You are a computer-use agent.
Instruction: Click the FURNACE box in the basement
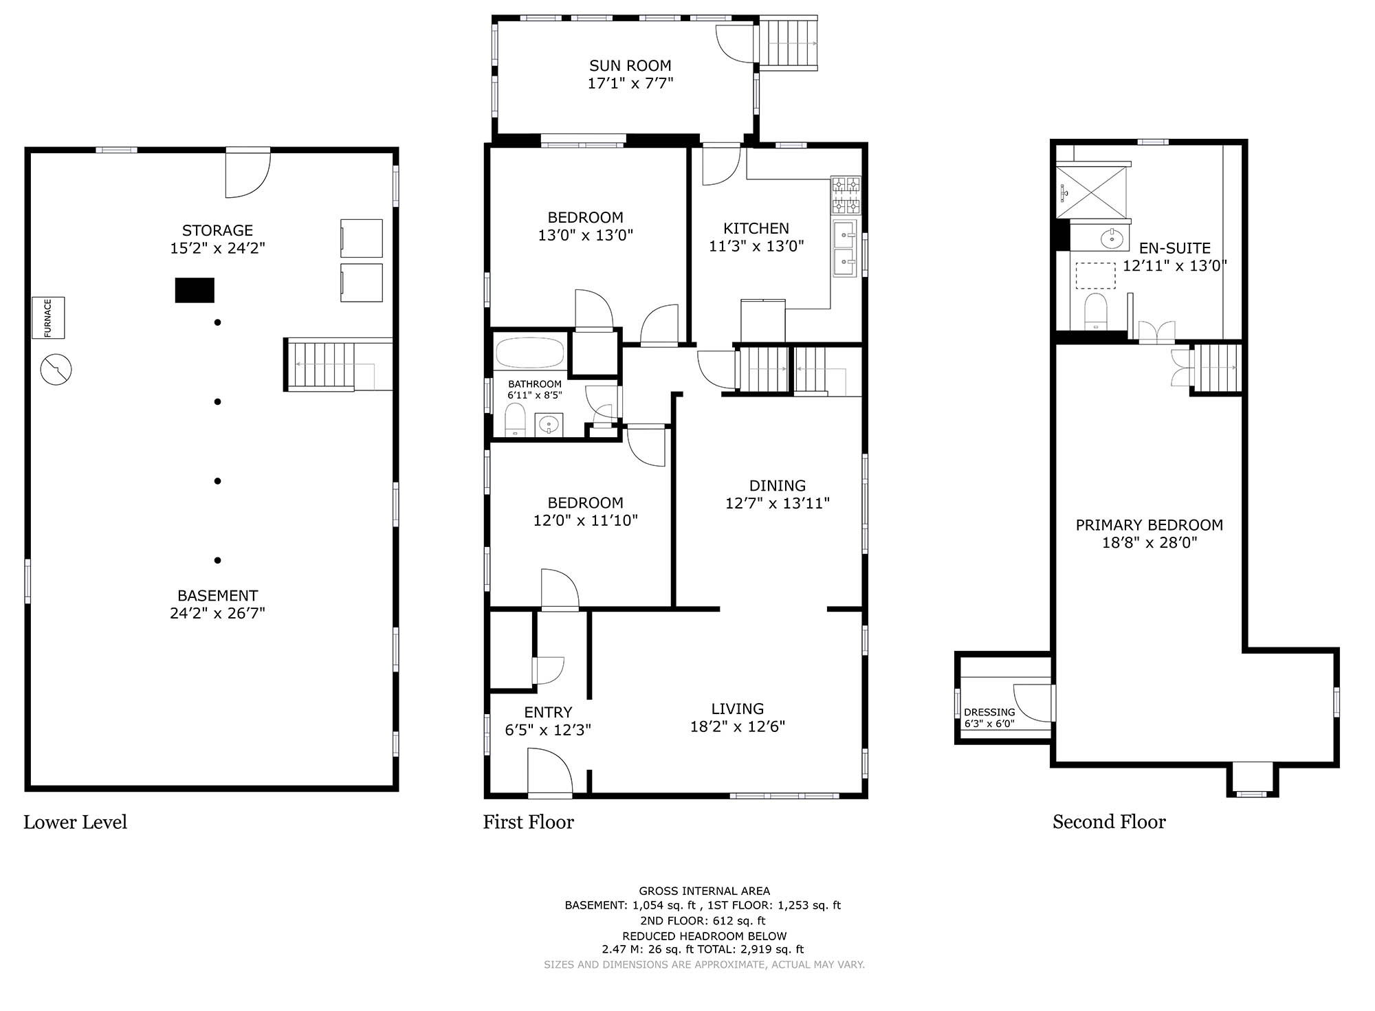click(x=48, y=318)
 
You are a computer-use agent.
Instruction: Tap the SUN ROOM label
click(x=630, y=66)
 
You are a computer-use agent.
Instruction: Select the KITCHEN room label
click(x=756, y=228)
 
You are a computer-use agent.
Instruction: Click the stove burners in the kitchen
click(x=846, y=195)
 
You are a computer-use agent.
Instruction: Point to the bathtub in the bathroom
click(x=530, y=353)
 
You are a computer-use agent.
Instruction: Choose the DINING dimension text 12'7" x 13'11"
click(x=778, y=503)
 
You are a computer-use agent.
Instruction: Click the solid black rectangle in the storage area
click(x=195, y=290)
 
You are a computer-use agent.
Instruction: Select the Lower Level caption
click(x=76, y=822)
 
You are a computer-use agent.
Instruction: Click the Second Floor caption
click(x=1109, y=822)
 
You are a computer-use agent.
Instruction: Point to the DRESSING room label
click(x=989, y=712)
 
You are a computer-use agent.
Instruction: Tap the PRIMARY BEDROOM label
click(x=1149, y=525)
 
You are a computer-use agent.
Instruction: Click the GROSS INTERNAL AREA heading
click(x=705, y=891)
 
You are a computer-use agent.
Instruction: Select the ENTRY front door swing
click(x=550, y=771)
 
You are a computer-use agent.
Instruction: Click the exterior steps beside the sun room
click(x=789, y=43)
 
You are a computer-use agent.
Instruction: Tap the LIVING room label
click(x=738, y=709)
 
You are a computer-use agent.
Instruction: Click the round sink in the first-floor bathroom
click(x=549, y=425)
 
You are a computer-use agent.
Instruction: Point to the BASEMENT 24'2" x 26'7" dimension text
click(x=217, y=613)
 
